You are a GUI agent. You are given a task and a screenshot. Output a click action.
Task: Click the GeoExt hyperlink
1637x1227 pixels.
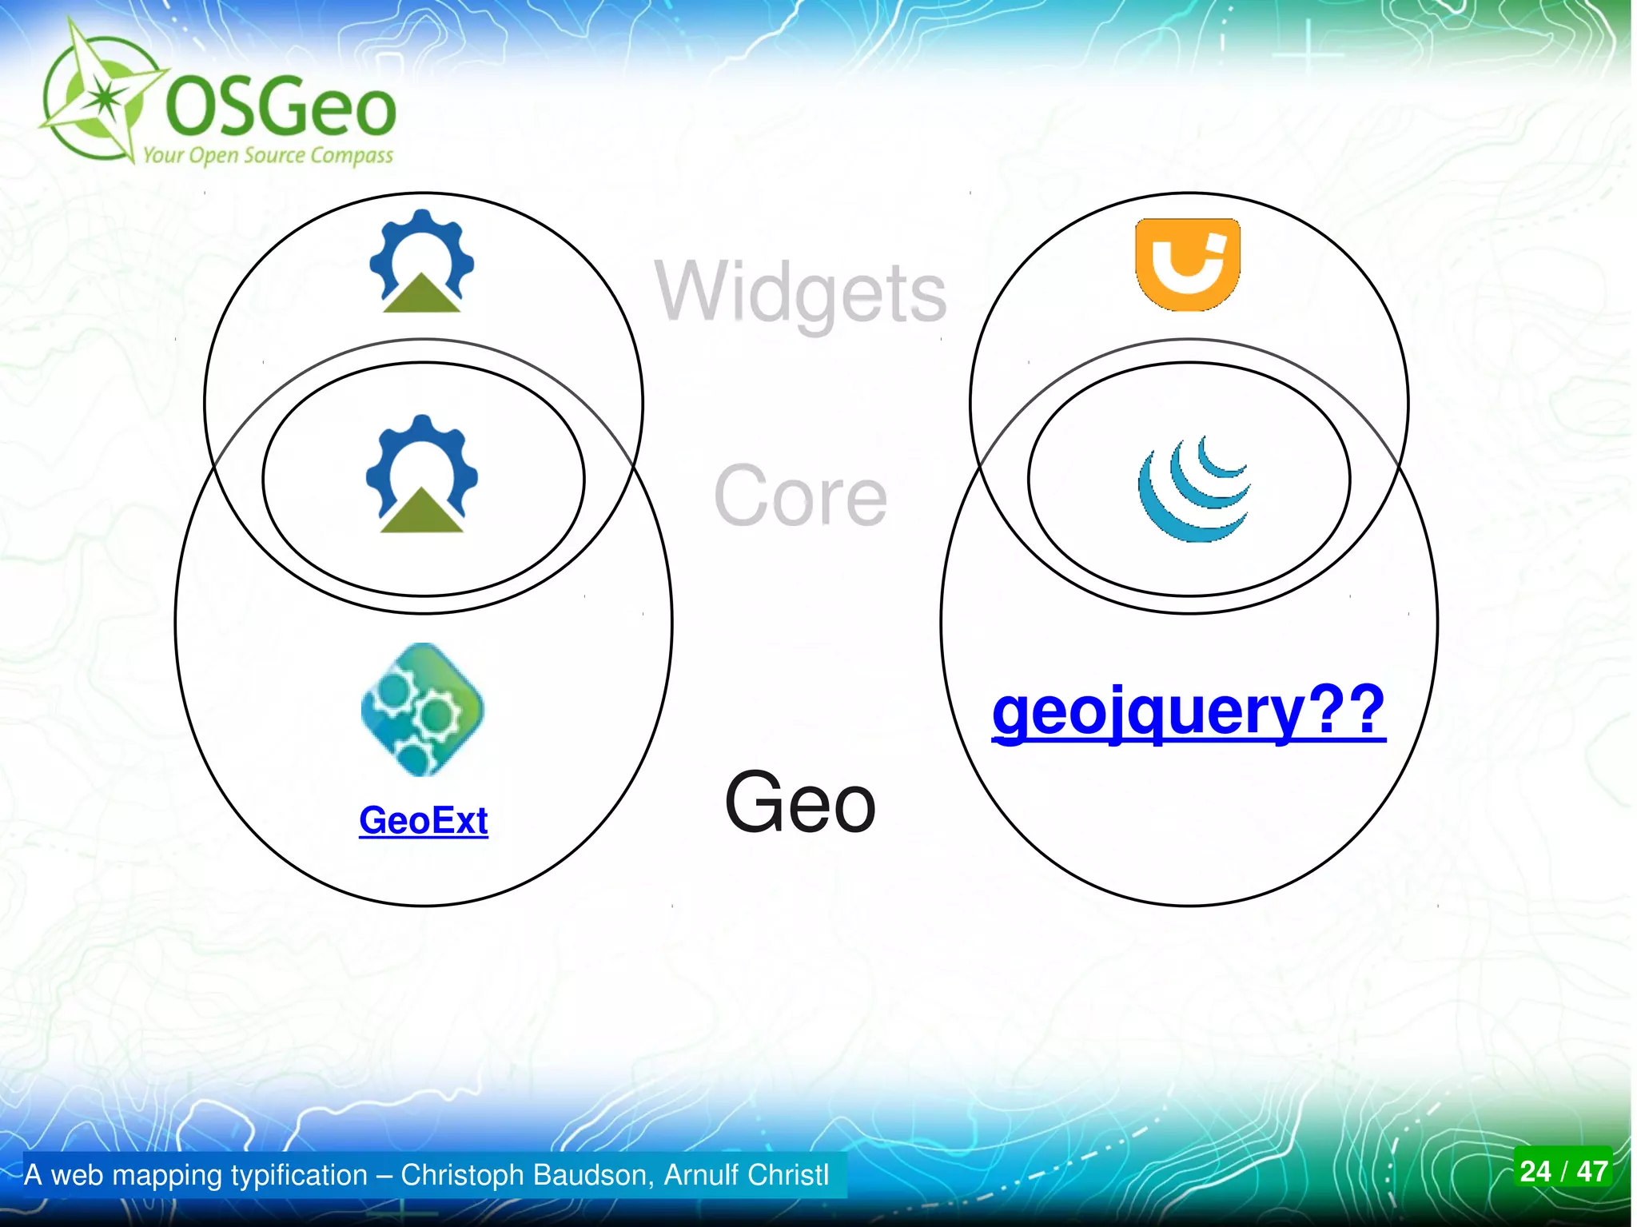tap(423, 821)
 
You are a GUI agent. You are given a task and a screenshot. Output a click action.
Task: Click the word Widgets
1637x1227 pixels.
tap(801, 293)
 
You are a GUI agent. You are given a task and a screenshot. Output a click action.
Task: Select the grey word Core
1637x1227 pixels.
tap(800, 496)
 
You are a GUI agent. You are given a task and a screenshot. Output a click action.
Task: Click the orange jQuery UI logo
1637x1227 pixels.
tap(1188, 264)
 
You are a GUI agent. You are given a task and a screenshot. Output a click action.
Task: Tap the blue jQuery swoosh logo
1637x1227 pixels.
tap(1193, 489)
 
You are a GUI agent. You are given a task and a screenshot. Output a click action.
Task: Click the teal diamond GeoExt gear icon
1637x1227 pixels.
tap(422, 709)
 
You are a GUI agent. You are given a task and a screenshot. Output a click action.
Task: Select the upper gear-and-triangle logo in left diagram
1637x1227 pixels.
tap(422, 261)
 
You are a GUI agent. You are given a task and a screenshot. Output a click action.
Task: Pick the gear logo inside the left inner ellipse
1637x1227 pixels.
tap(422, 474)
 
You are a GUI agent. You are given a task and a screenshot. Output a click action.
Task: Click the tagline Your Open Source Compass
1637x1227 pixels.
tap(268, 155)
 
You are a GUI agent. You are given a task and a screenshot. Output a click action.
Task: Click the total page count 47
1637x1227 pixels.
tap(1592, 1171)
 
